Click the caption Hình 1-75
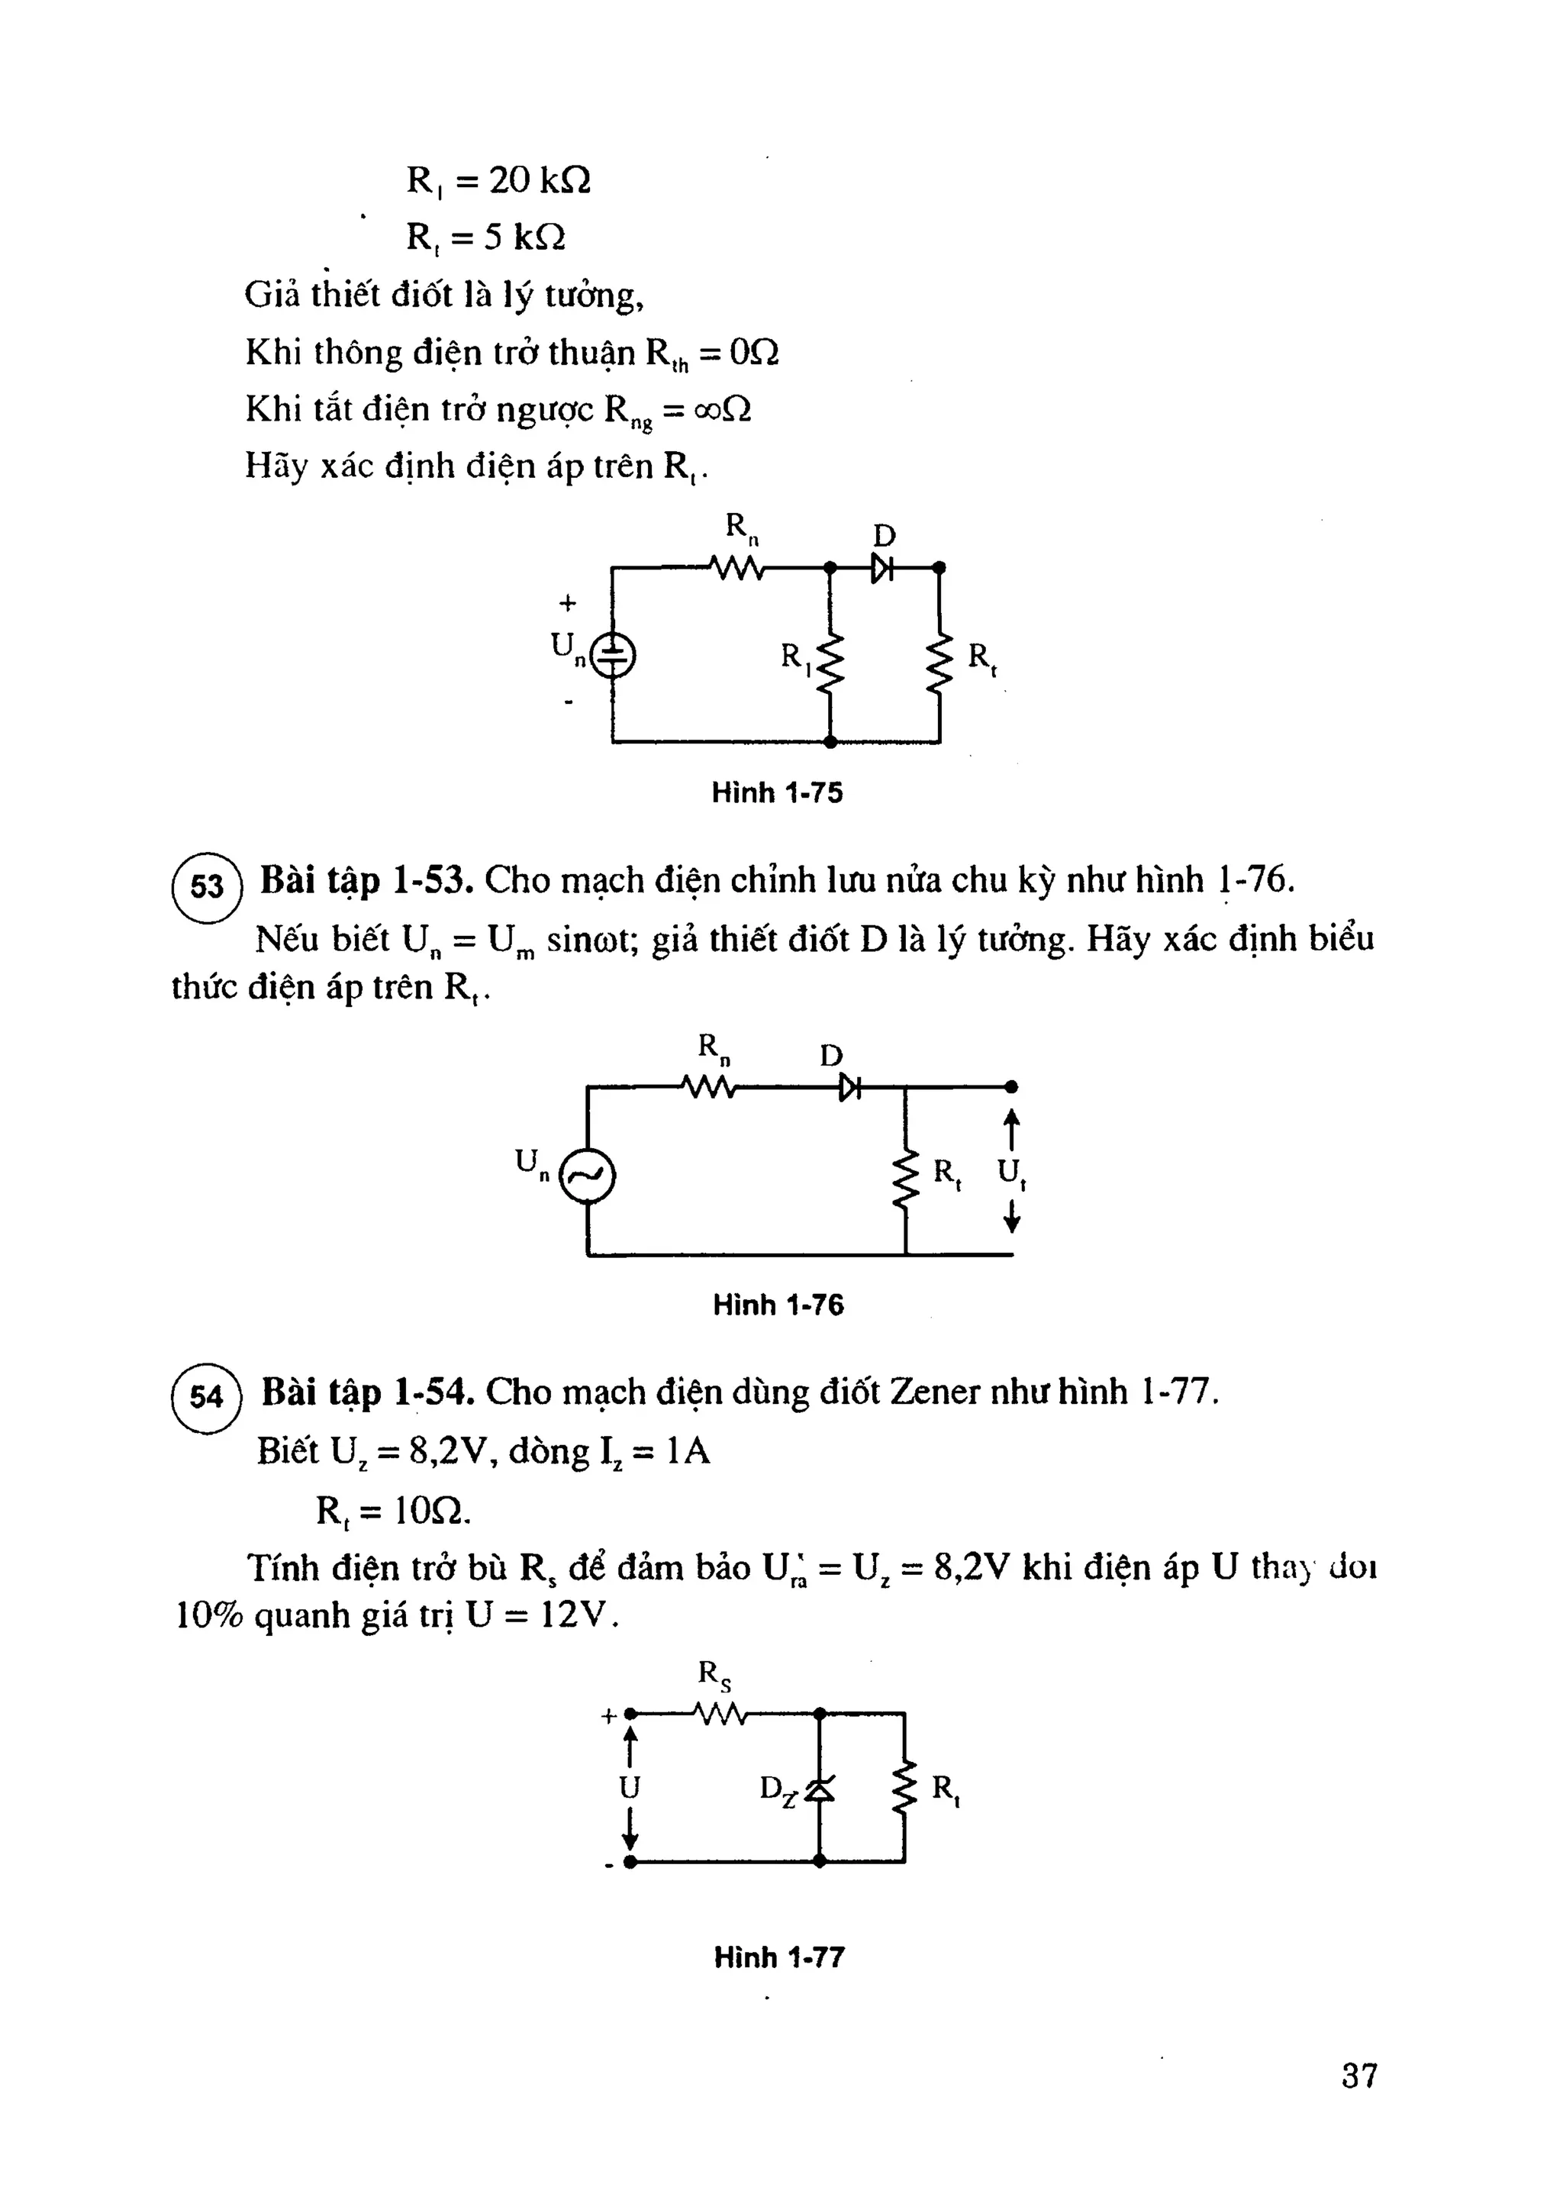point(777,793)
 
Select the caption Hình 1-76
point(778,1305)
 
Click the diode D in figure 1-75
point(881,569)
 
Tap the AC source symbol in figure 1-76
point(587,1176)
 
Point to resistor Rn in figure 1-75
point(736,569)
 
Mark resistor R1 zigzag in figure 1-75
point(830,664)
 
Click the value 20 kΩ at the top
point(539,180)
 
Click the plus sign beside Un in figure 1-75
point(568,604)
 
